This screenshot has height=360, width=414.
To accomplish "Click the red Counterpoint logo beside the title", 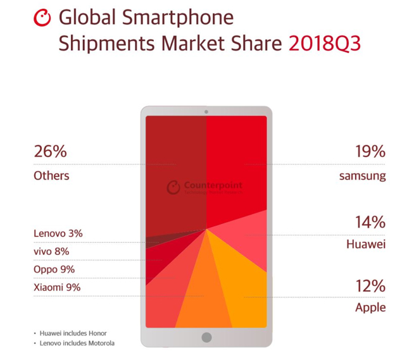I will pos(42,18).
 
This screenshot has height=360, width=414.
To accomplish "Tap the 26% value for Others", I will pos(50,152).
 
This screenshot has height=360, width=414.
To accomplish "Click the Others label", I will pos(51,176).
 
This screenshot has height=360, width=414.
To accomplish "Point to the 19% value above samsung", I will pos(370,152).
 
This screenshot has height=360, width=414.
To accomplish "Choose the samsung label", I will pos(362,176).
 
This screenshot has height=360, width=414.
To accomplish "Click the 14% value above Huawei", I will pos(370,222).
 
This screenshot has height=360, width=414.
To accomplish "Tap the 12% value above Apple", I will pos(370,286).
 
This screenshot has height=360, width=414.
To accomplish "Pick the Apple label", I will pos(370,308).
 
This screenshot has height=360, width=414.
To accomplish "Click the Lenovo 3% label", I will pos(58,233).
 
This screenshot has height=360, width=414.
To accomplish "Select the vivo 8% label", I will pos(51,252).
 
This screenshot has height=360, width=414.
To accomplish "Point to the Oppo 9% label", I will pos(54,270).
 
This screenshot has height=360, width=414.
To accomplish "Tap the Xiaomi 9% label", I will pos(57,288).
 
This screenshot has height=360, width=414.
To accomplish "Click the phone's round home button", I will pos(206,337).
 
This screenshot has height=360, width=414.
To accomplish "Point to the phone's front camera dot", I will pos(206,112).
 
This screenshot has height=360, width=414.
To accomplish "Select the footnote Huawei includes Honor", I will pos(74,333).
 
